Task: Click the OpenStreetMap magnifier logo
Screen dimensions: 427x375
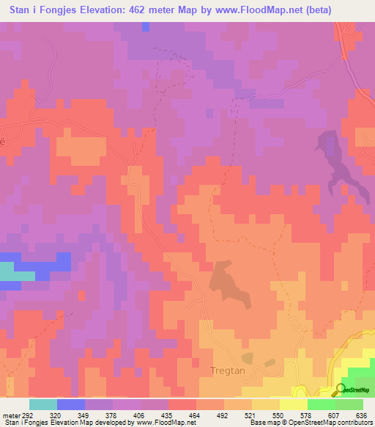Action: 341,389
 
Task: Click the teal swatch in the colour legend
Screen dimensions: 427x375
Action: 43,404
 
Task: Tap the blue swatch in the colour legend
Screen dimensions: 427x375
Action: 71,404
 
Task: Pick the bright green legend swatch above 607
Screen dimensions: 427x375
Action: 322,404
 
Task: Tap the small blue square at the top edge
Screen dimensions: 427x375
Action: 145,26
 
